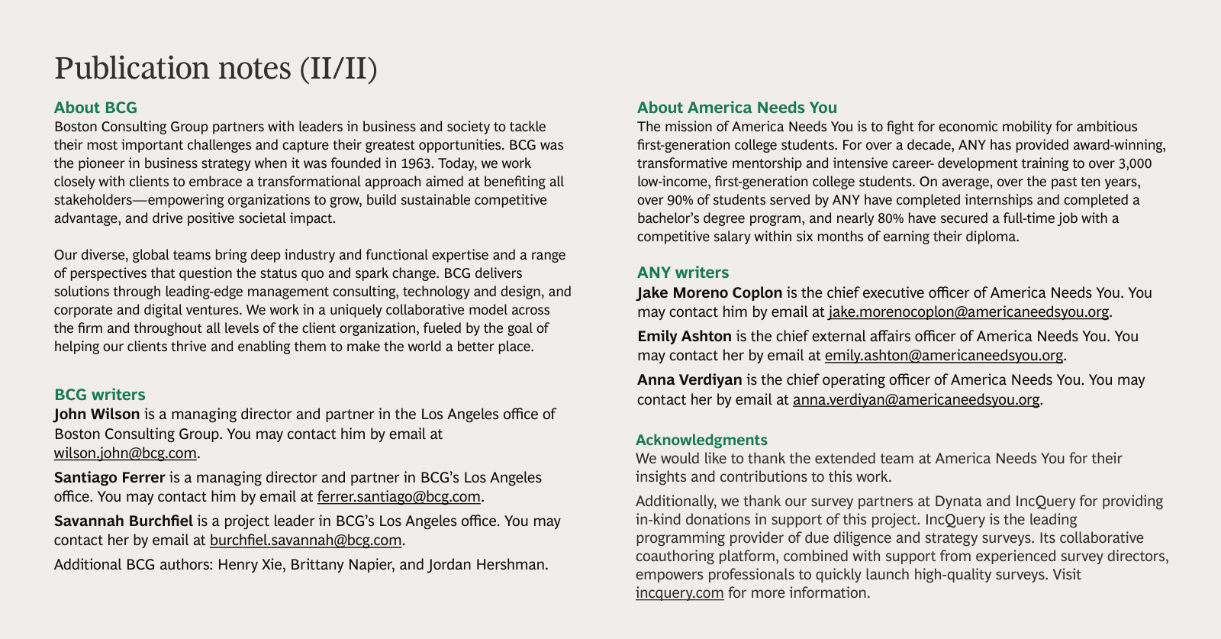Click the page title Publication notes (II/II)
click(216, 68)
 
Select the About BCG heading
click(95, 108)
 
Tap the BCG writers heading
click(99, 395)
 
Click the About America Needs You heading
click(736, 108)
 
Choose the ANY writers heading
click(682, 273)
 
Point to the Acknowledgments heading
click(701, 440)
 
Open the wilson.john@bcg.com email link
click(125, 453)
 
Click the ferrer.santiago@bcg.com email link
click(398, 497)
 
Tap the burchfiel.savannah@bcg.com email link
click(305, 541)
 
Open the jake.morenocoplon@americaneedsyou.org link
click(968, 312)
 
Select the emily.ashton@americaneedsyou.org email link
click(943, 356)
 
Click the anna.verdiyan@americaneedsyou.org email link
click(916, 399)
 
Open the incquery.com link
click(679, 593)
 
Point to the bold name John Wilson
click(97, 415)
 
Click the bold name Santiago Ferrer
click(109, 478)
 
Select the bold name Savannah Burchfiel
click(123, 521)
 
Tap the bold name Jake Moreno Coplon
click(709, 293)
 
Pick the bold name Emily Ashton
click(684, 337)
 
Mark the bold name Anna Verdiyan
click(689, 380)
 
